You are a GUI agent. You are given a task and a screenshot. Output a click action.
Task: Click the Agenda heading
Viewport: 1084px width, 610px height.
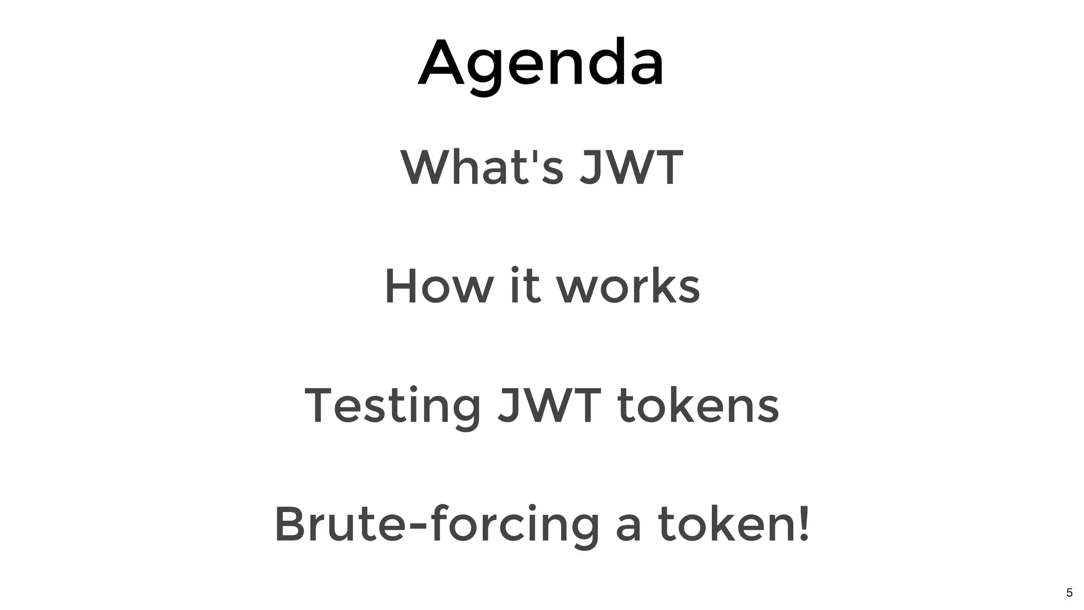point(541,64)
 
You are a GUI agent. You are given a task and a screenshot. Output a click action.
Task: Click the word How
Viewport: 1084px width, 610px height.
point(438,286)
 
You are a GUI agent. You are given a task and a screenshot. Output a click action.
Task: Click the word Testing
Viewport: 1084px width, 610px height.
point(392,406)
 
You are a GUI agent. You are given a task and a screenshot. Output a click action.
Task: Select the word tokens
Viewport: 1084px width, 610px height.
point(698,406)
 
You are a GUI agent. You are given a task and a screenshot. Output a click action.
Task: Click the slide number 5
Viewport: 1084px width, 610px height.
point(1069,593)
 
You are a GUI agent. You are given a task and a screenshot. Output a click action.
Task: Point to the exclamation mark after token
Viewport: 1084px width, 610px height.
point(804,524)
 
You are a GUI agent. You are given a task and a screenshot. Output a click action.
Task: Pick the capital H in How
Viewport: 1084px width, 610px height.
point(402,286)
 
